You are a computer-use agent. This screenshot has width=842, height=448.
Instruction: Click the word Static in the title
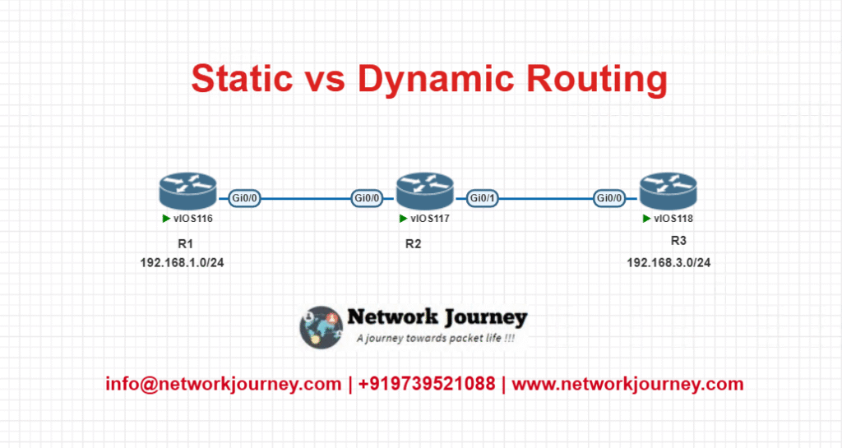pyautogui.click(x=242, y=78)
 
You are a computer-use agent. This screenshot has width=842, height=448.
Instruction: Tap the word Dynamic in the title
pyautogui.click(x=436, y=81)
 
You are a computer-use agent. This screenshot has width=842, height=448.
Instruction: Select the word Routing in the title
pyautogui.click(x=597, y=81)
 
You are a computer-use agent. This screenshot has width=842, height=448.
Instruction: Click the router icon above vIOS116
pyautogui.click(x=188, y=191)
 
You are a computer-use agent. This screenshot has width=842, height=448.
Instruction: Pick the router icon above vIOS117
pyautogui.click(x=425, y=191)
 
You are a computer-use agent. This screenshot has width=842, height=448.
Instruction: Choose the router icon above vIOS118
pyautogui.click(x=668, y=191)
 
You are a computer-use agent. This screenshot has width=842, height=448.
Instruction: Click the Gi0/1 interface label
pyautogui.click(x=482, y=198)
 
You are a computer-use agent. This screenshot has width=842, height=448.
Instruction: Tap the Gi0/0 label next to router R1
pyautogui.click(x=244, y=198)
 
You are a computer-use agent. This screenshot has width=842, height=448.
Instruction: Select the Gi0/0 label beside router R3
pyautogui.click(x=609, y=198)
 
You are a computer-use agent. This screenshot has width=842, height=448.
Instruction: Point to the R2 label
pyautogui.click(x=413, y=244)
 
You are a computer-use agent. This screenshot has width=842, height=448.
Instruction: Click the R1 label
pyautogui.click(x=185, y=244)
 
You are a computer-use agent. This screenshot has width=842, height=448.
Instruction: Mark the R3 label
pyautogui.click(x=678, y=241)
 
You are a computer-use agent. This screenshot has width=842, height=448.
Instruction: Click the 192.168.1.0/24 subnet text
pyautogui.click(x=182, y=263)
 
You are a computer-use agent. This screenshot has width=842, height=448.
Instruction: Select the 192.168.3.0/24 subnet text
pyautogui.click(x=669, y=263)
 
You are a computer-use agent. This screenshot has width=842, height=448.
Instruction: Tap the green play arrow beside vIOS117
pyautogui.click(x=403, y=219)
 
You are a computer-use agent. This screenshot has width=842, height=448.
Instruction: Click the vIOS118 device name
pyautogui.click(x=673, y=219)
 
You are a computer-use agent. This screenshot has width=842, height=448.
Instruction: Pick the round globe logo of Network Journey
pyautogui.click(x=322, y=327)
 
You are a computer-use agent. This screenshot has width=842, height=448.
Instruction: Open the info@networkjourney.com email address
pyautogui.click(x=224, y=384)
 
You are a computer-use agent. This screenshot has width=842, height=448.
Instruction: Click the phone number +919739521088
pyautogui.click(x=427, y=384)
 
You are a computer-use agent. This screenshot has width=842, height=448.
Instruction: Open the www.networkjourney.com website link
pyautogui.click(x=627, y=384)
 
